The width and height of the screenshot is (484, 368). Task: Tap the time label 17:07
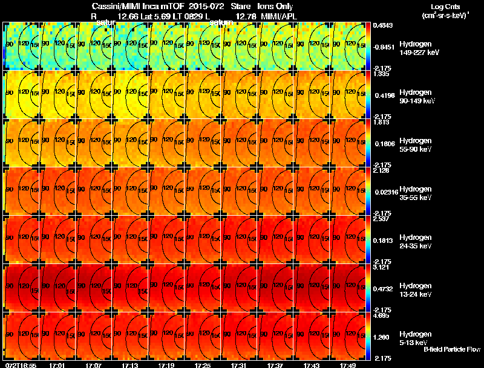pyautogui.click(x=93, y=365)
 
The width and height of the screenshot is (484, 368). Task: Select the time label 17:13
pyautogui.click(x=129, y=365)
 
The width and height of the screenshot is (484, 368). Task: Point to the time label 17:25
pyautogui.click(x=202, y=365)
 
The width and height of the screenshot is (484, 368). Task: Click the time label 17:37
pyautogui.click(x=275, y=365)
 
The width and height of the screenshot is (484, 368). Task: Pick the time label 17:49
pyautogui.click(x=347, y=365)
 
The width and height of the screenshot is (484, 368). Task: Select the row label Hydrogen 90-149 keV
pyautogui.click(x=415, y=96)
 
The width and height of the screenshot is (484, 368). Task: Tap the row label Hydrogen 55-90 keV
pyautogui.click(x=415, y=144)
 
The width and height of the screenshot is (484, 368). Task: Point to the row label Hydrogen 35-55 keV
pyautogui.click(x=415, y=193)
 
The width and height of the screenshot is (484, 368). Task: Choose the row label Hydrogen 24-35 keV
pyautogui.click(x=415, y=241)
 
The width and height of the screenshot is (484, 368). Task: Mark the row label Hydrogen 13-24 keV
pyautogui.click(x=415, y=289)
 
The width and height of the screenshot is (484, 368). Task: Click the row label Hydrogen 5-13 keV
pyautogui.click(x=415, y=338)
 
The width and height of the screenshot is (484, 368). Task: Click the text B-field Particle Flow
pyautogui.click(x=452, y=349)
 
